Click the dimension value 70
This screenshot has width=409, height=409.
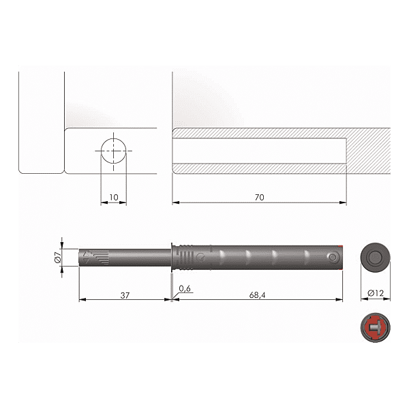click(x=259, y=197)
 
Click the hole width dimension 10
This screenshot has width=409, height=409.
click(x=114, y=197)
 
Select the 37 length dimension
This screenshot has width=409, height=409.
click(x=124, y=295)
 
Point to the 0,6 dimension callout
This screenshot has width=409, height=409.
click(x=184, y=289)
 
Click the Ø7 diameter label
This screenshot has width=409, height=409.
click(x=57, y=258)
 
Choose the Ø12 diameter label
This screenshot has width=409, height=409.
click(x=374, y=293)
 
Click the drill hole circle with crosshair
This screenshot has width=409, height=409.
click(x=114, y=151)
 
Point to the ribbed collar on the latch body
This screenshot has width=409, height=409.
click(x=185, y=258)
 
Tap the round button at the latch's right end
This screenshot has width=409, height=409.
click(x=332, y=258)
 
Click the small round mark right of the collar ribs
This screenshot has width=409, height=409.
click(x=200, y=257)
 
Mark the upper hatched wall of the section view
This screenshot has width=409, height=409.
click(x=259, y=133)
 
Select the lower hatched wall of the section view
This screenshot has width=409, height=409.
click(x=259, y=168)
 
